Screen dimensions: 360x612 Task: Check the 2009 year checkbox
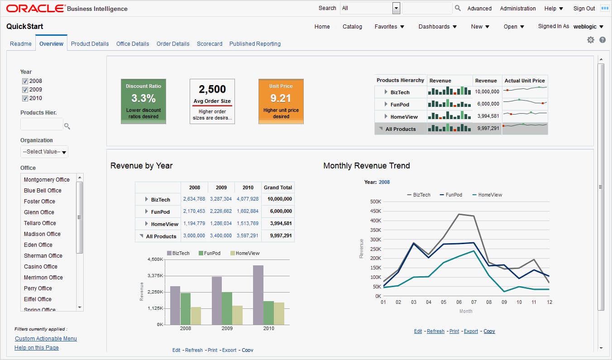(25, 90)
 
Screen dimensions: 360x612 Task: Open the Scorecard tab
(209, 44)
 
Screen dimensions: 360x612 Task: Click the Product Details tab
(90, 44)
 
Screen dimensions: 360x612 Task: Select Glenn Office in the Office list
(39, 212)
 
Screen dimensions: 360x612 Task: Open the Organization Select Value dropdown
(44, 152)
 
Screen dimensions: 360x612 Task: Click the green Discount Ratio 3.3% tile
(143, 101)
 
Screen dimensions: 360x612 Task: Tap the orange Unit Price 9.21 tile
(281, 101)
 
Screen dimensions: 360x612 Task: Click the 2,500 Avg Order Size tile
(212, 101)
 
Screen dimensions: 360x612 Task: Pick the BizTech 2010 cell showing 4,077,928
(248, 199)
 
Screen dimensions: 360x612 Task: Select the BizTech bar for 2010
(258, 295)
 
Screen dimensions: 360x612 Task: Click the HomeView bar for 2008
(196, 316)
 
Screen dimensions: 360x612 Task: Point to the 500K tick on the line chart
(375, 202)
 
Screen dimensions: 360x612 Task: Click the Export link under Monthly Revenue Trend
(471, 331)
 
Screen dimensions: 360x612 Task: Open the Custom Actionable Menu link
(46, 339)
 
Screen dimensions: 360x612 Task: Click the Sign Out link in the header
(584, 9)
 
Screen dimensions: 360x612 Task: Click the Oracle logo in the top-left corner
(35, 9)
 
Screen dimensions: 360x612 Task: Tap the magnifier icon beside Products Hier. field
(67, 126)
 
